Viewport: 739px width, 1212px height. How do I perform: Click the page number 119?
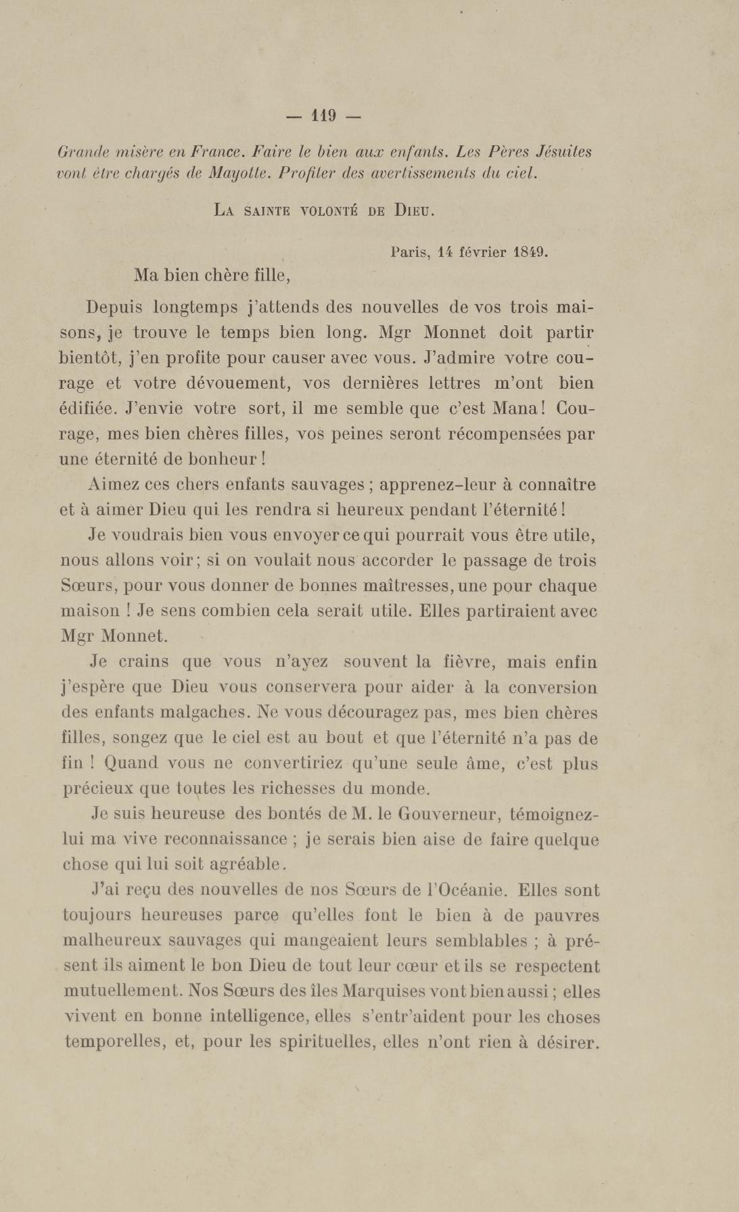[x=323, y=116]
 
